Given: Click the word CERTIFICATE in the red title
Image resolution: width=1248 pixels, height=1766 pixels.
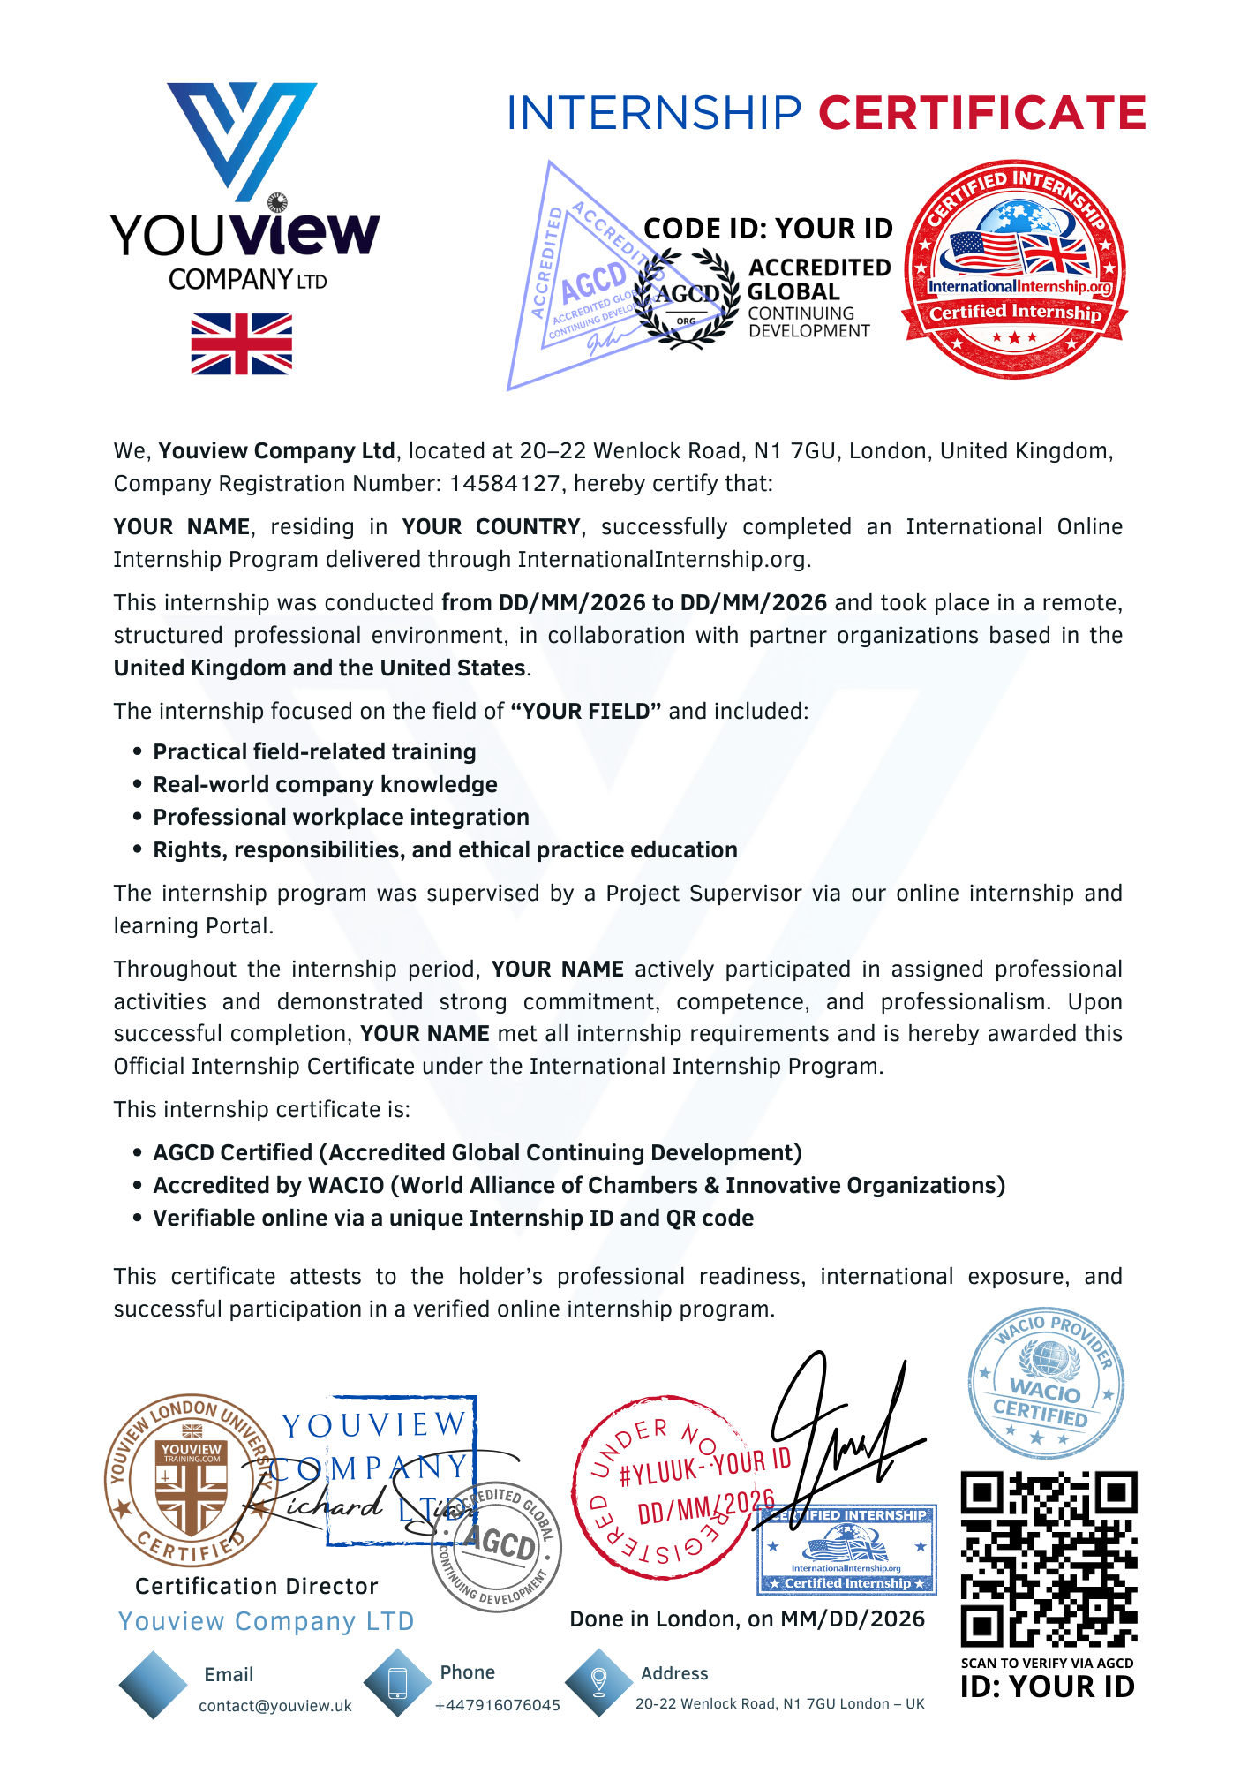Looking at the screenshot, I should click(x=981, y=114).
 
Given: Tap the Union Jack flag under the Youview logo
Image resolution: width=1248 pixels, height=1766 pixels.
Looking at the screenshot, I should click(x=241, y=343).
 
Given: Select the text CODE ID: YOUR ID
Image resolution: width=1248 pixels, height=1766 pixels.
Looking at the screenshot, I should click(x=768, y=229).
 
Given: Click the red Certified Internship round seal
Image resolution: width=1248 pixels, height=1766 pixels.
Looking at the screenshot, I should click(x=1015, y=269).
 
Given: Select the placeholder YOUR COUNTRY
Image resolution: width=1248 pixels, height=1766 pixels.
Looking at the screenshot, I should click(x=491, y=527).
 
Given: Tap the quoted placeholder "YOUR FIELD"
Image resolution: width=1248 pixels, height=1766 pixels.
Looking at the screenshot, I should click(x=586, y=712).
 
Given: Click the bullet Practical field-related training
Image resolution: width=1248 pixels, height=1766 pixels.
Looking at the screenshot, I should click(x=314, y=752).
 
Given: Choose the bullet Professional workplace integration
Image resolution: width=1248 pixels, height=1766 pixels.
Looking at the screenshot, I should click(x=341, y=818).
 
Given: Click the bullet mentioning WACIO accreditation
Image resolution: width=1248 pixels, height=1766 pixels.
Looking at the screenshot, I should click(x=578, y=1186).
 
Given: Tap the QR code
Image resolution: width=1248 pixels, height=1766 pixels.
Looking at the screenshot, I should click(x=1048, y=1559).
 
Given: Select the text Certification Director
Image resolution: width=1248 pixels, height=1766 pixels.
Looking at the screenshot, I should click(x=256, y=1587).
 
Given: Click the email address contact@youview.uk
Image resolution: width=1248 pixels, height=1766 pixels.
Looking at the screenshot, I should click(x=274, y=1706).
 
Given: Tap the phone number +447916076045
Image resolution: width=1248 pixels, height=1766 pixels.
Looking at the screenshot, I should click(x=497, y=1705).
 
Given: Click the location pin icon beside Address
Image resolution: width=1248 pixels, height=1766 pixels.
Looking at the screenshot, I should click(x=598, y=1682).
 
